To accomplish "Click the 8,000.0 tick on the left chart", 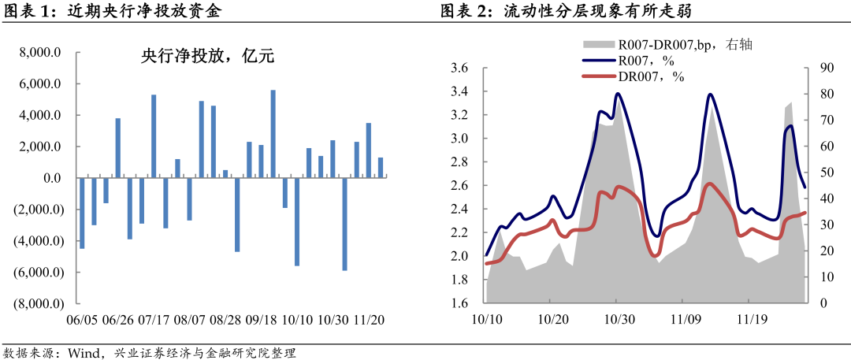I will (x=41, y=53).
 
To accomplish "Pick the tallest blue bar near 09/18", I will (x=273, y=134).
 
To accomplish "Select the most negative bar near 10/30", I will (x=344, y=224).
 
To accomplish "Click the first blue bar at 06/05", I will (x=82, y=213).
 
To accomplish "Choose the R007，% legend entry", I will (x=646, y=60).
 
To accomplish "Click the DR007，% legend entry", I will (x=651, y=76).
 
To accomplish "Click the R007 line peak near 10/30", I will (x=617, y=94).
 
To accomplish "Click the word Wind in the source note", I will (x=82, y=352).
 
